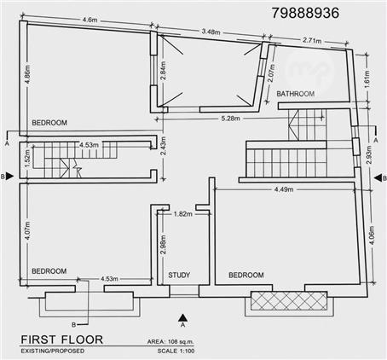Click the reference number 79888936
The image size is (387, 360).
click(305, 13)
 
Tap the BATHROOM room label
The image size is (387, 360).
click(296, 94)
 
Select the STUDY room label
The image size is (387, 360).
click(179, 275)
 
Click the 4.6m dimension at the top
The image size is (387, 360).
click(90, 20)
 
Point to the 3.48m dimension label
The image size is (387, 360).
click(211, 32)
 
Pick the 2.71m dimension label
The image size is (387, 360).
click(312, 40)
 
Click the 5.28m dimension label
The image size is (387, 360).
click(230, 118)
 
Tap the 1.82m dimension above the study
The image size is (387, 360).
click(183, 214)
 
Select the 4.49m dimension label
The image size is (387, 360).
click(284, 189)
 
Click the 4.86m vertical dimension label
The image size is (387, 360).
click(27, 74)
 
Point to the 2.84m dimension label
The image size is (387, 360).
click(163, 71)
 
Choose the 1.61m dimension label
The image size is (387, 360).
click(367, 79)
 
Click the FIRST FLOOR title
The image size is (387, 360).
click(62, 340)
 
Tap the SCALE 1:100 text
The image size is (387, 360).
click(176, 351)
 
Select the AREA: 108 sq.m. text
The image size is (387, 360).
click(170, 341)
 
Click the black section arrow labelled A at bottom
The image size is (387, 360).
click(183, 317)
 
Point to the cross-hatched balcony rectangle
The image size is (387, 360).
click(289, 301)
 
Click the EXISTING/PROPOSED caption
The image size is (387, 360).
click(53, 351)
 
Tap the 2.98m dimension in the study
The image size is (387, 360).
click(163, 245)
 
